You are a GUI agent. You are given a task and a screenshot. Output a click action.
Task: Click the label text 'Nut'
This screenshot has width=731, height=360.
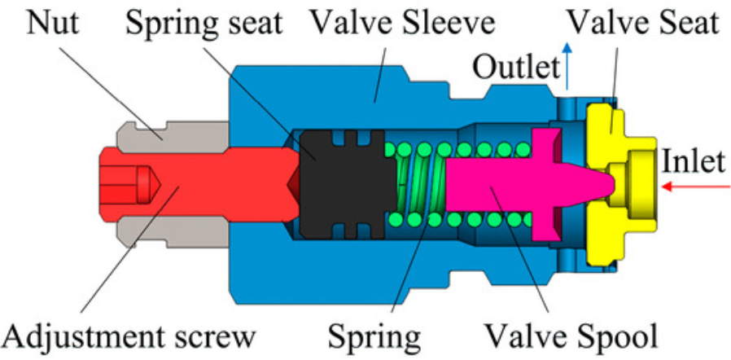tap(53, 23)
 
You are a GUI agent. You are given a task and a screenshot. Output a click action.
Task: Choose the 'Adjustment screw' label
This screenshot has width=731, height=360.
tap(128, 335)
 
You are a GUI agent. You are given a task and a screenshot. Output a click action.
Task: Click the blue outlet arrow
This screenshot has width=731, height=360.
tap(567, 65)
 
